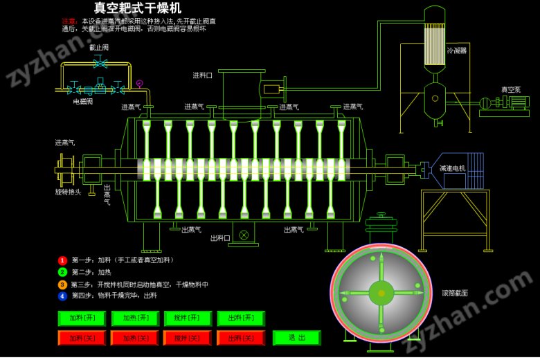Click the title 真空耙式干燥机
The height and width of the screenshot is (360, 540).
click(x=138, y=8)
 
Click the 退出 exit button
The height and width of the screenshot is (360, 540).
click(x=296, y=337)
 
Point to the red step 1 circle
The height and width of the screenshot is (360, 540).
click(x=62, y=260)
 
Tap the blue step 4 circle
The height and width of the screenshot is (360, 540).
click(x=62, y=296)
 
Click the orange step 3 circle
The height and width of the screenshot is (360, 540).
click(x=62, y=285)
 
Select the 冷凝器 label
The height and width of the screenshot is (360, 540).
click(x=457, y=51)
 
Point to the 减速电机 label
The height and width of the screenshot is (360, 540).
click(x=453, y=168)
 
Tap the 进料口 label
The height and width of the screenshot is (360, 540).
click(x=203, y=75)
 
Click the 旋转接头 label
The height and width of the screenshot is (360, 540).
click(x=68, y=192)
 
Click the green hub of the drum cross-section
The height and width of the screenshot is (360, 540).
click(x=381, y=293)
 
